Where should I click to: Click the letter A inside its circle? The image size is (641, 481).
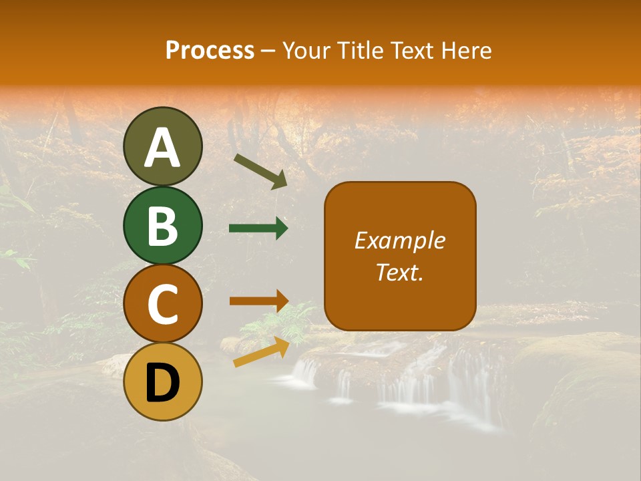click(162, 148)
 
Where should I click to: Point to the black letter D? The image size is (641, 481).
click(162, 383)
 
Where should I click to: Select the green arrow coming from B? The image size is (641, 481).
click(258, 228)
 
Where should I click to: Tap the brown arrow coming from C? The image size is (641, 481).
click(258, 301)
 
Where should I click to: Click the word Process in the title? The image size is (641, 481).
click(210, 51)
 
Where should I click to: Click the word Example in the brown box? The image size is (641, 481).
click(399, 240)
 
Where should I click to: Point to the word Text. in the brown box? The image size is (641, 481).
click(399, 272)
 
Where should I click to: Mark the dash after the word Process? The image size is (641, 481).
click(268, 51)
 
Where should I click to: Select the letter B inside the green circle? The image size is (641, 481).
click(162, 226)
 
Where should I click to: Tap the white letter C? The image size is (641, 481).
click(162, 305)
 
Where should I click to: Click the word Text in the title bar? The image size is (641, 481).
click(411, 51)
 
